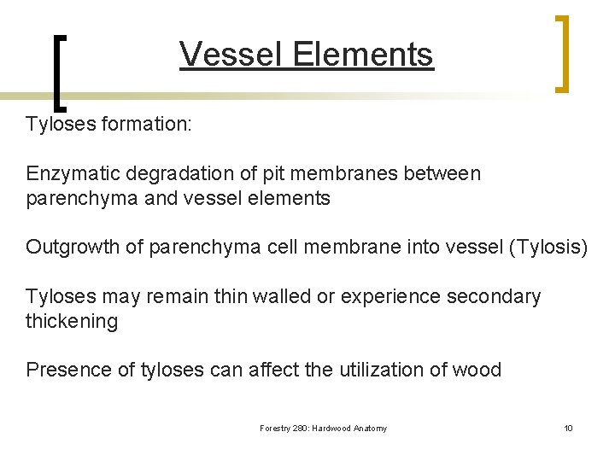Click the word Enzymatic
[74, 174]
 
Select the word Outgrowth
[73, 248]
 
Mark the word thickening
[72, 321]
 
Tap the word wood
[480, 370]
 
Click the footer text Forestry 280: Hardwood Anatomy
[323, 429]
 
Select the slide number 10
[568, 429]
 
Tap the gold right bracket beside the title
[562, 53]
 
